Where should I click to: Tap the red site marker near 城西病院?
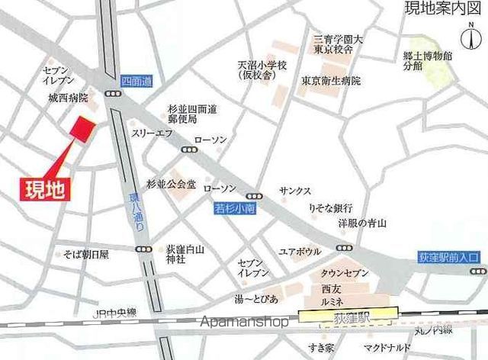click(82, 128)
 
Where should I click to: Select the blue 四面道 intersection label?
click(136, 81)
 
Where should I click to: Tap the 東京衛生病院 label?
click(330, 80)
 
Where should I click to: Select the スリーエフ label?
click(153, 132)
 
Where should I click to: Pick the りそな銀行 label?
click(329, 207)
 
